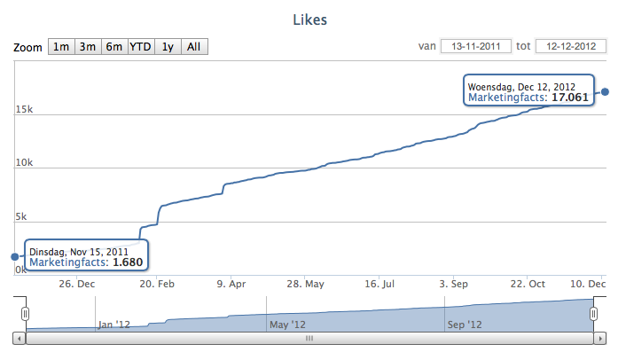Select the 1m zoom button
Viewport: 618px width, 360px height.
pyautogui.click(x=61, y=47)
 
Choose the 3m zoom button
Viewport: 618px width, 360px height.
pyautogui.click(x=88, y=47)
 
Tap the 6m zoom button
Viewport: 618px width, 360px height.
pyautogui.click(x=114, y=47)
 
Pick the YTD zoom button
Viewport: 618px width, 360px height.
pyautogui.click(x=141, y=47)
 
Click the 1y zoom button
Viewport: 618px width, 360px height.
pyautogui.click(x=168, y=47)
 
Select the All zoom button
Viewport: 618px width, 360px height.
pyautogui.click(x=194, y=47)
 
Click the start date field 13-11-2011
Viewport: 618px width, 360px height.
pyautogui.click(x=473, y=46)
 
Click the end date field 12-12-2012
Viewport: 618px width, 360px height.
pyautogui.click(x=569, y=46)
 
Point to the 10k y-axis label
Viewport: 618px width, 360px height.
pyautogui.click(x=24, y=163)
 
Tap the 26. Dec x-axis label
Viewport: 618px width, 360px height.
pyautogui.click(x=77, y=285)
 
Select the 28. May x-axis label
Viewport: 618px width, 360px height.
pyautogui.click(x=306, y=285)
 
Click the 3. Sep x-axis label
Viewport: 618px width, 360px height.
pyautogui.click(x=454, y=285)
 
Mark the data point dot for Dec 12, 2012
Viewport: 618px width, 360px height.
pyautogui.click(x=606, y=91)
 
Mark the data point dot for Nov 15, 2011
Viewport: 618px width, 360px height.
pyautogui.click(x=15, y=257)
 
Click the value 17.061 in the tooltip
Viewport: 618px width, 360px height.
pyautogui.click(x=570, y=98)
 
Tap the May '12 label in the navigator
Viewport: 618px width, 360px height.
pyautogui.click(x=287, y=325)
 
